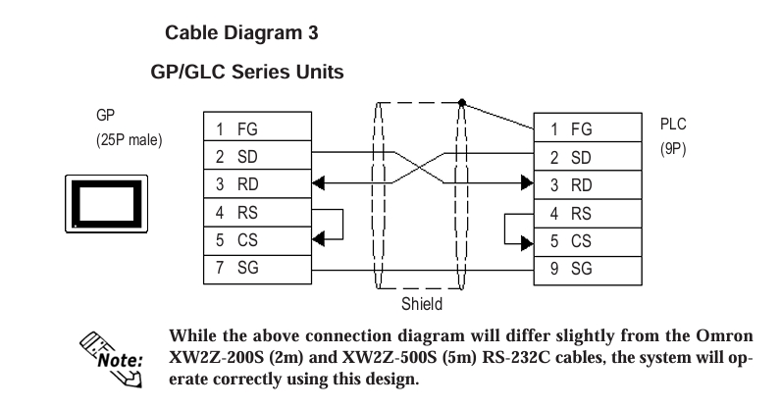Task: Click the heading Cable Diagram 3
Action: point(241,32)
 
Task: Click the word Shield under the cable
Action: point(422,303)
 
